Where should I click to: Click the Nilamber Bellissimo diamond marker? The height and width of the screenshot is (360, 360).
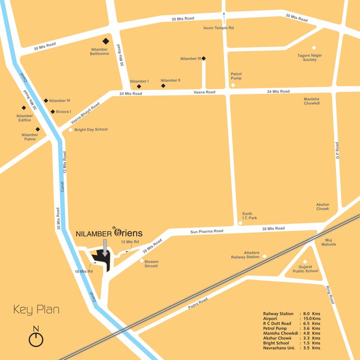tap(105, 41)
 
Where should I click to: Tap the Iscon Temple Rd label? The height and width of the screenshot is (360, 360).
tap(218, 28)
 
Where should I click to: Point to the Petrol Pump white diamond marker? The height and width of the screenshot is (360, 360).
tap(233, 85)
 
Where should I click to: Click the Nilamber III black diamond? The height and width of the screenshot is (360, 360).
tap(203, 59)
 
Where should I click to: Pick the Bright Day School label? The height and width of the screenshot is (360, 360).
tap(91, 129)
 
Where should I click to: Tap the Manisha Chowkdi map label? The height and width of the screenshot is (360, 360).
tap(312, 101)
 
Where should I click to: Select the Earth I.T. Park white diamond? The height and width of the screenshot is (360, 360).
tap(240, 223)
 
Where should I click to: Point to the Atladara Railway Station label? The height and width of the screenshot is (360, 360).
tap(245, 255)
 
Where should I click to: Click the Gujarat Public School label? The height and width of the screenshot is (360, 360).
tap(305, 269)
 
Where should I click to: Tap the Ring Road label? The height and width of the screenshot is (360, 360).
tap(330, 293)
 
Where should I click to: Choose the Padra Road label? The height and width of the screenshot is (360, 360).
tap(198, 302)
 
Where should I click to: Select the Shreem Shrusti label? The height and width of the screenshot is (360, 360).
tap(151, 264)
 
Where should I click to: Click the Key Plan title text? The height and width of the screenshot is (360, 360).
tap(36, 310)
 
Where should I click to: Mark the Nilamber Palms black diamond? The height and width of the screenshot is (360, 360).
tap(38, 129)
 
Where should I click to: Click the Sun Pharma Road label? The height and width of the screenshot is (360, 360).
tap(207, 231)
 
